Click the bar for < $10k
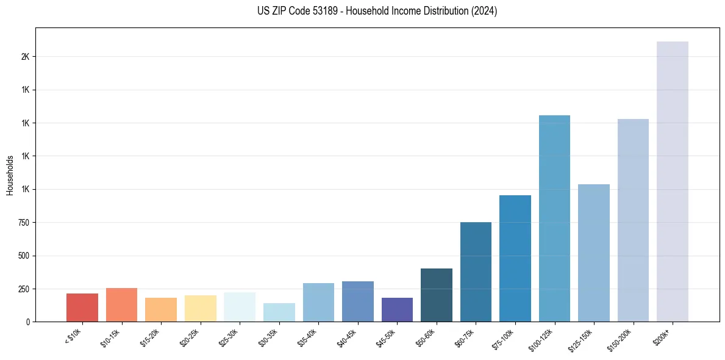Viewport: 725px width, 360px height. pos(82,308)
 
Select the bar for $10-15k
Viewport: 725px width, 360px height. pos(121,305)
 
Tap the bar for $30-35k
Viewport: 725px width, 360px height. pos(279,312)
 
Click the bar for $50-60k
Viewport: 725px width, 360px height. pos(437,295)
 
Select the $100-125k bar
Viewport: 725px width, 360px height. pos(554,218)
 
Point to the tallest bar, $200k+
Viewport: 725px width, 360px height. pos(672,182)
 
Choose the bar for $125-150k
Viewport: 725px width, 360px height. pos(594,253)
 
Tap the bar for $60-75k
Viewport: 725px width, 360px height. pos(476,272)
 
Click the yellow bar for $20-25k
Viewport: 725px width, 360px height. pos(200,309)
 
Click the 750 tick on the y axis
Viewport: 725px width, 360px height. pos(25,223)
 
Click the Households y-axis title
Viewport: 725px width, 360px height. pos(10,175)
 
